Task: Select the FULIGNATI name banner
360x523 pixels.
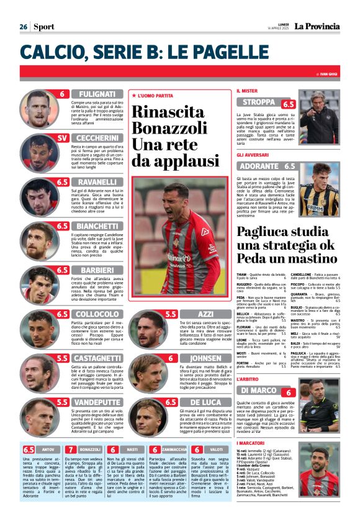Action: click(x=96, y=94)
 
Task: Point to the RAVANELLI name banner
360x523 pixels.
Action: click(x=96, y=182)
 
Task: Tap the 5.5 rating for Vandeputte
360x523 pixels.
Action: click(x=62, y=402)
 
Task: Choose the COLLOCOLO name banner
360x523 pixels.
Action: click(x=96, y=314)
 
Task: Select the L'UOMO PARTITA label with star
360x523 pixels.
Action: click(x=152, y=96)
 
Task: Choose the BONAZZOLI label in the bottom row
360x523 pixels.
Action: click(x=91, y=449)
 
